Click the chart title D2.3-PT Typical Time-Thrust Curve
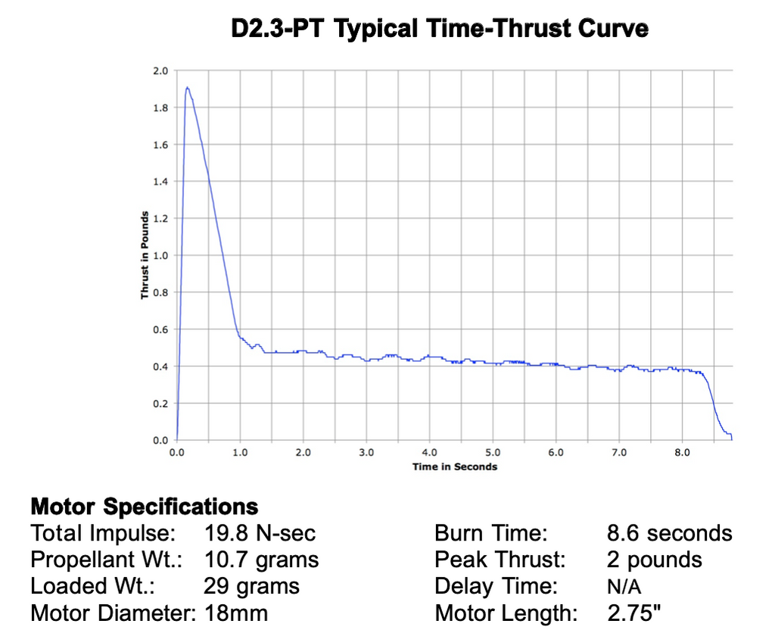click(x=440, y=30)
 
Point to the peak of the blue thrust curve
click(x=187, y=88)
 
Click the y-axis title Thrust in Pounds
click(x=144, y=255)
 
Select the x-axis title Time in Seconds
click(x=455, y=466)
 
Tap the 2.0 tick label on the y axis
click(x=160, y=71)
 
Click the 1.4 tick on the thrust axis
click(x=160, y=182)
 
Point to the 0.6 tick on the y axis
click(x=160, y=329)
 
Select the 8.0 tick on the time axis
click(x=682, y=453)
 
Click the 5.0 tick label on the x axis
click(x=493, y=453)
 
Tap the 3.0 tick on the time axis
click(x=366, y=453)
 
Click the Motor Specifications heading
click(x=144, y=506)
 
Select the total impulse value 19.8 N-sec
click(x=260, y=533)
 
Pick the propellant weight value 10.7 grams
click(x=261, y=560)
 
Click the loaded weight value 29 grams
click(x=251, y=586)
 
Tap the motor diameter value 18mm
click(x=236, y=613)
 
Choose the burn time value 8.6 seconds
click(x=669, y=533)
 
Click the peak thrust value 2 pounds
click(x=654, y=560)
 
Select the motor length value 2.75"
click(x=634, y=613)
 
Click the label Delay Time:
click(x=496, y=586)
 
